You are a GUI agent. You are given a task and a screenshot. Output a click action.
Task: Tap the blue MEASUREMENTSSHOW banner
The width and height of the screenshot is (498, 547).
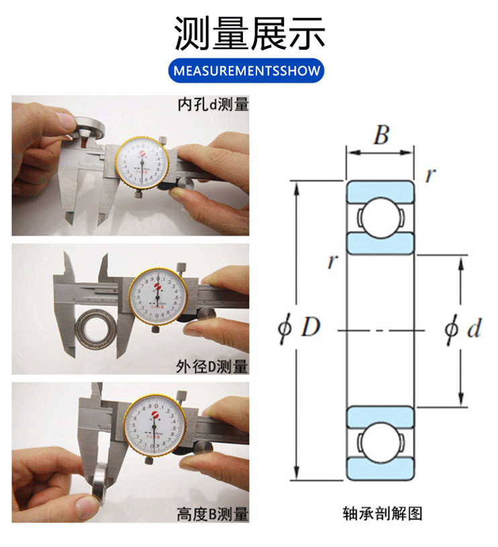tap(249, 71)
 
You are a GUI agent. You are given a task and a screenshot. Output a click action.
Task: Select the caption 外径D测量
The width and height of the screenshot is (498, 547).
tap(212, 367)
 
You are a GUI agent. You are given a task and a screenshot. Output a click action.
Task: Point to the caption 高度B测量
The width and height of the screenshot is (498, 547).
tap(212, 514)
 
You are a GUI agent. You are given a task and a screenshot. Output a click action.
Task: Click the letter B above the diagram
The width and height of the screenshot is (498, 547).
tap(381, 136)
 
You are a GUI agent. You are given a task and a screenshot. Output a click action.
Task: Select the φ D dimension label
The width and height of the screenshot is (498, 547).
tap(300, 328)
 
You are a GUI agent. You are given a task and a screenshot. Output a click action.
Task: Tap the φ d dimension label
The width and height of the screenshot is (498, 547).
tap(463, 329)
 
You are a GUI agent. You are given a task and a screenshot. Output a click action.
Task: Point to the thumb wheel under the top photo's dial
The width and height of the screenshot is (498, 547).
tap(140, 194)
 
